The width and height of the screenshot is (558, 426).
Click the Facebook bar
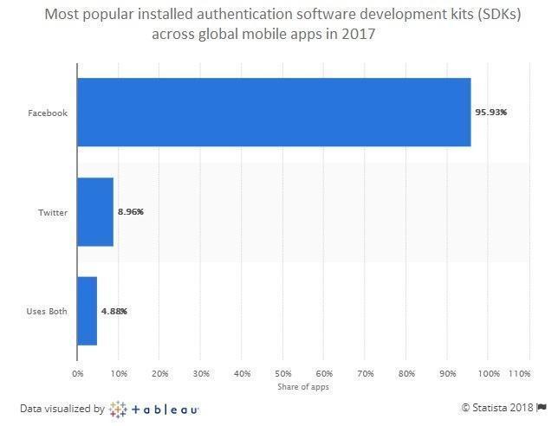(x=274, y=113)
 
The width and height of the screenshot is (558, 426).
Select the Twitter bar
(x=95, y=212)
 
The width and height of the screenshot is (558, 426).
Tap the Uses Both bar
(x=87, y=311)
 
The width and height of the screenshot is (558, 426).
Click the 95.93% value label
(x=491, y=113)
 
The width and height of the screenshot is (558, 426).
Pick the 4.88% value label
(x=114, y=311)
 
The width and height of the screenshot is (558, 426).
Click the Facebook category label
(x=48, y=113)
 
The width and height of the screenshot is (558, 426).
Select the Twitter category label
(x=52, y=212)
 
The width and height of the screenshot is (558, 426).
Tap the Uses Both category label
(x=47, y=311)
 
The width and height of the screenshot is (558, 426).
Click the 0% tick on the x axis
(x=77, y=373)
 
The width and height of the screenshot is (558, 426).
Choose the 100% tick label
(x=487, y=373)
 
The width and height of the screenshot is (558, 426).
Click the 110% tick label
(x=518, y=373)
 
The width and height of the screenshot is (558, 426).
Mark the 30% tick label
(x=200, y=373)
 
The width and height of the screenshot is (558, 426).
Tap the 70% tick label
(x=364, y=373)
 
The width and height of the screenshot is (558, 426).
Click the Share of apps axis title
(x=302, y=386)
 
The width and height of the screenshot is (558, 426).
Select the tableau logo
(x=155, y=408)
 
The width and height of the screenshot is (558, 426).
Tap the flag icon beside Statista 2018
(x=542, y=408)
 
